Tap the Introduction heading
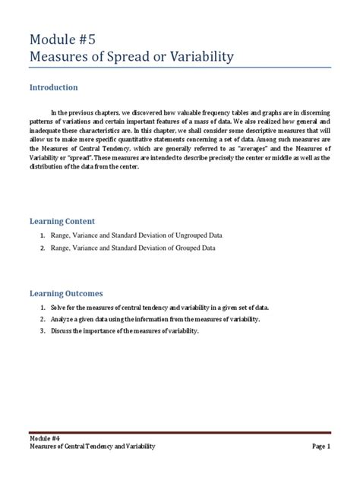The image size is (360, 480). [59, 88]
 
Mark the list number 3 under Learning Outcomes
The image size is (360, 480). [43, 332]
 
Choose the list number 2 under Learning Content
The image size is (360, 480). [43, 248]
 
